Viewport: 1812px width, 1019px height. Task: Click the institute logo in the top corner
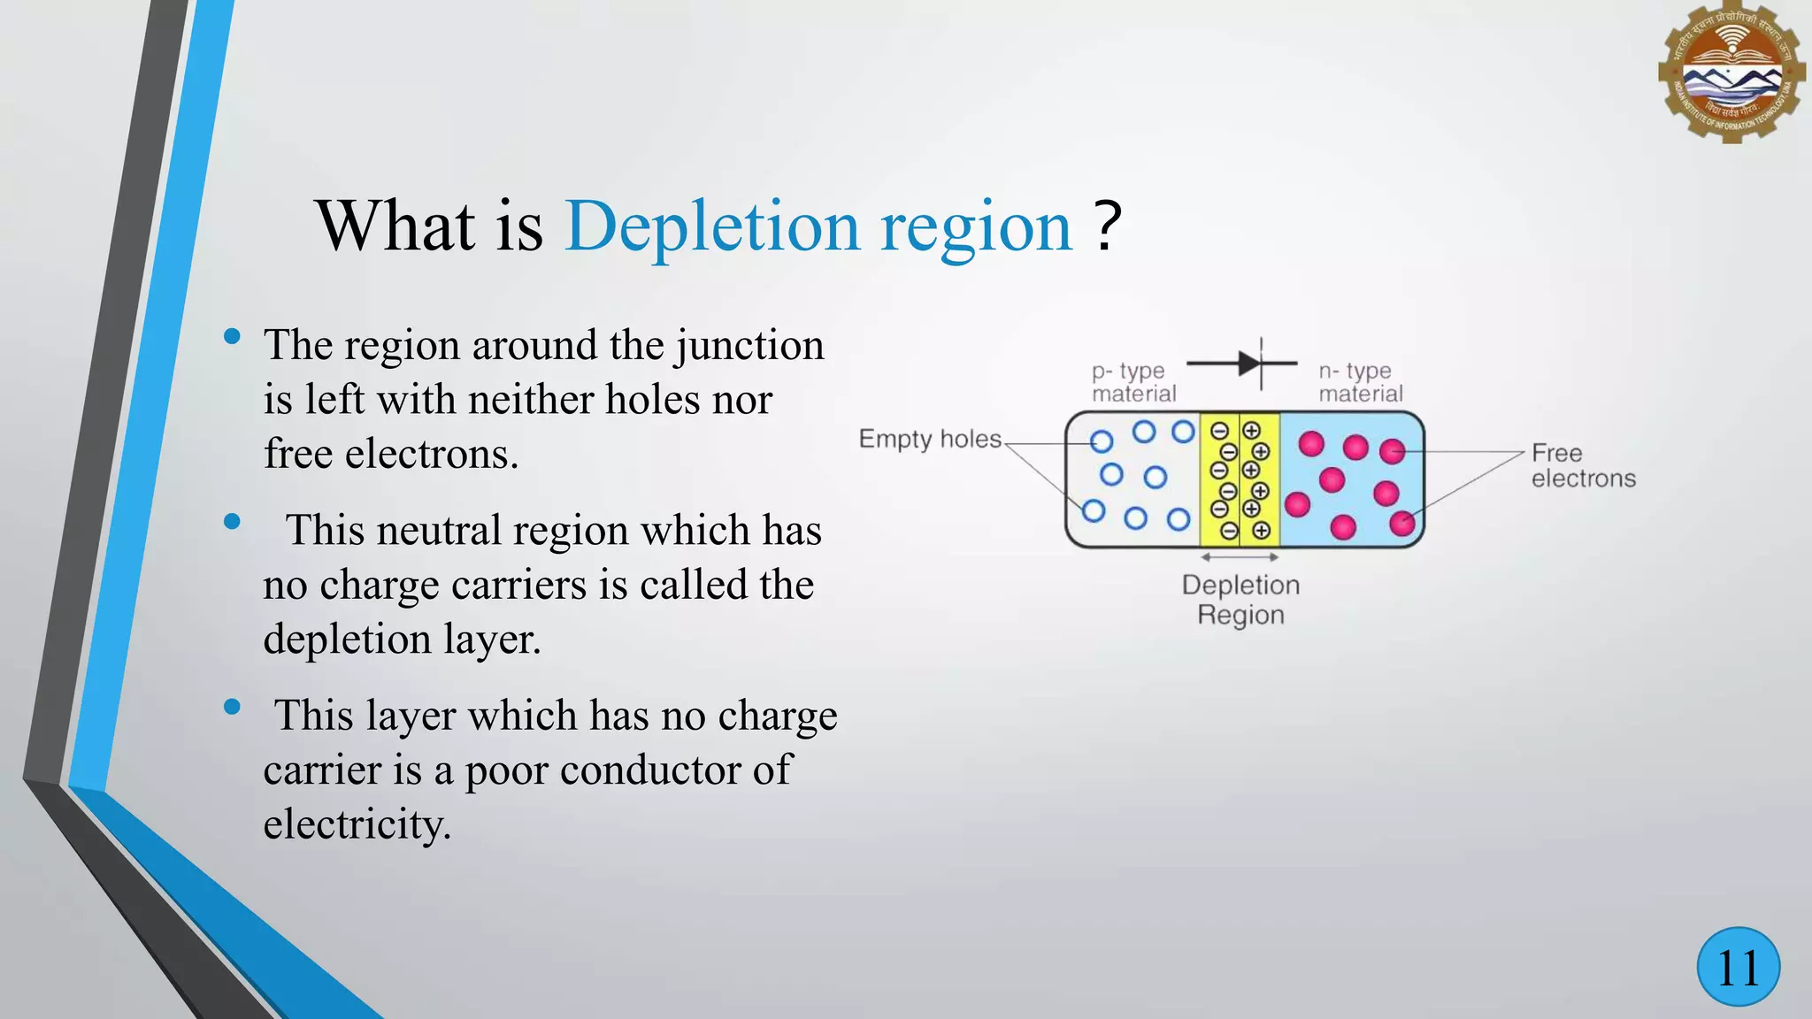[1731, 73]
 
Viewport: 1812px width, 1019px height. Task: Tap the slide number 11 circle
[1739, 967]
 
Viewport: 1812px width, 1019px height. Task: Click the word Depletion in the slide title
[712, 226]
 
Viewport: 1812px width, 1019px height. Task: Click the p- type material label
[1133, 382]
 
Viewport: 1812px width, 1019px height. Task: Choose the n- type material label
[1361, 382]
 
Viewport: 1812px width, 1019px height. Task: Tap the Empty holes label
[930, 439]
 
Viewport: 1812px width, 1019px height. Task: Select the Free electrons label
[1583, 465]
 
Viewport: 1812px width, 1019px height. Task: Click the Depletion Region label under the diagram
[1240, 600]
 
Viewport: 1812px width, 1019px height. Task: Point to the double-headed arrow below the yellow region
[1240, 557]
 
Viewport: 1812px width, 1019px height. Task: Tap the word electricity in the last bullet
[357, 824]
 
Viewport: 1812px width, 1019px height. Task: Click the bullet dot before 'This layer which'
[233, 707]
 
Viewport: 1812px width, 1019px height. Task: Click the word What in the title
[395, 226]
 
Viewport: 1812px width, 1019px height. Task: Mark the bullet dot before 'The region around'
[233, 336]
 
